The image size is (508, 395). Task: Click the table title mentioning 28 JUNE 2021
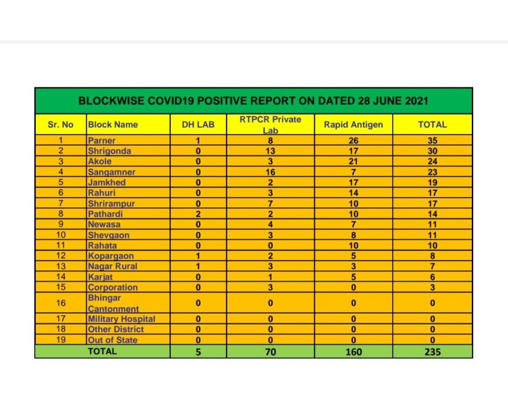pyautogui.click(x=253, y=101)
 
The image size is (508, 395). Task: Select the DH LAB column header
pyautogui.click(x=198, y=125)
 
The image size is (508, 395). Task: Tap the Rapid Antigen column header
pyautogui.click(x=353, y=125)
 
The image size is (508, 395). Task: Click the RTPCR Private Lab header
pyautogui.click(x=270, y=125)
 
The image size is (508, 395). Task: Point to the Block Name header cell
pyautogui.click(x=113, y=125)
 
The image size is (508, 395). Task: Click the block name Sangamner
pyautogui.click(x=112, y=172)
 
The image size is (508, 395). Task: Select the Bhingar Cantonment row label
pyautogui.click(x=113, y=303)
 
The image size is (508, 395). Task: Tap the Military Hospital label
pyautogui.click(x=122, y=319)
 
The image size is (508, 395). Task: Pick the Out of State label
pyautogui.click(x=113, y=340)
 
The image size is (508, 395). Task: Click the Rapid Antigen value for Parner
pyautogui.click(x=353, y=140)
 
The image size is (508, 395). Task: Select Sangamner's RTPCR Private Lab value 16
pyautogui.click(x=270, y=172)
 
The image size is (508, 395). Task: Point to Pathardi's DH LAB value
pyautogui.click(x=198, y=214)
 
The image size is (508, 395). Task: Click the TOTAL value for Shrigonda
pyautogui.click(x=432, y=151)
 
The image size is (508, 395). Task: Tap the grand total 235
pyautogui.click(x=432, y=352)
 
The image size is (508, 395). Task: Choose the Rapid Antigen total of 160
pyautogui.click(x=353, y=352)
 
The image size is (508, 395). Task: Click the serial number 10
pyautogui.click(x=60, y=235)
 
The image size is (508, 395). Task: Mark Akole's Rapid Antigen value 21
pyautogui.click(x=353, y=161)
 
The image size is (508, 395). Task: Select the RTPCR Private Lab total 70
pyautogui.click(x=270, y=352)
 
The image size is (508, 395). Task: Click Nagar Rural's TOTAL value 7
pyautogui.click(x=432, y=266)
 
